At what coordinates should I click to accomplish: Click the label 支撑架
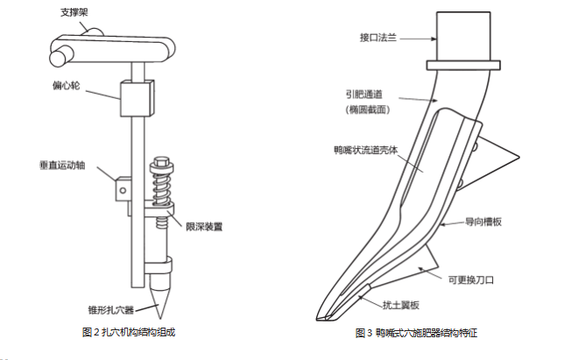(x=74, y=12)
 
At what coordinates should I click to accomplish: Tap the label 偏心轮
(x=66, y=86)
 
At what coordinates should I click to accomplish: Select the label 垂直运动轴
(x=62, y=165)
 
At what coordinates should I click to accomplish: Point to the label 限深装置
(x=204, y=227)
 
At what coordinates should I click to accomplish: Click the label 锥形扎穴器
(x=110, y=310)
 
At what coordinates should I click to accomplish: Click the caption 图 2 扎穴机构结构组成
(x=129, y=332)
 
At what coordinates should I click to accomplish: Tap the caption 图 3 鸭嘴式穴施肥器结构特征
(x=416, y=333)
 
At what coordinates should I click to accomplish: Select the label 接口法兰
(x=378, y=38)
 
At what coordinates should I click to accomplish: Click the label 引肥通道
(x=364, y=95)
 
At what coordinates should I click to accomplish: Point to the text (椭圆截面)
(x=368, y=109)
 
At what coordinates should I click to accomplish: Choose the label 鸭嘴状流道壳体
(x=366, y=150)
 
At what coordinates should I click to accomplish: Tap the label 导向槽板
(x=483, y=222)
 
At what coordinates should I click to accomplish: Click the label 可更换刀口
(x=471, y=280)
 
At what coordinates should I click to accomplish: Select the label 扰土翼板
(x=401, y=305)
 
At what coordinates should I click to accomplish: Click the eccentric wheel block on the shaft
(x=137, y=98)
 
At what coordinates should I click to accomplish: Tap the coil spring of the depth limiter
(x=161, y=187)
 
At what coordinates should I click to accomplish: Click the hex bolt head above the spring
(x=161, y=161)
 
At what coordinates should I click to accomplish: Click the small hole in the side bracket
(x=123, y=190)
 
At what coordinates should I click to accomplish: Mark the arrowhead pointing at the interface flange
(x=433, y=39)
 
